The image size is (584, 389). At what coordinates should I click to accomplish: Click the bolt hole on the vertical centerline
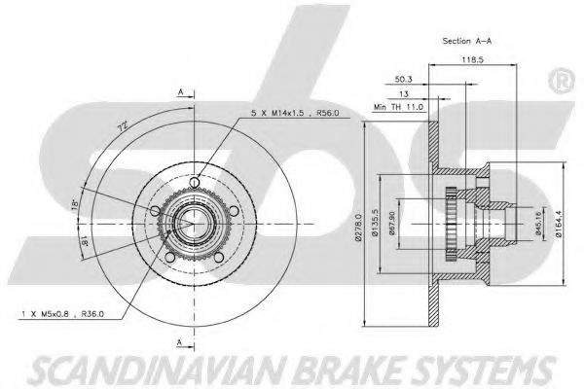click(x=195, y=183)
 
